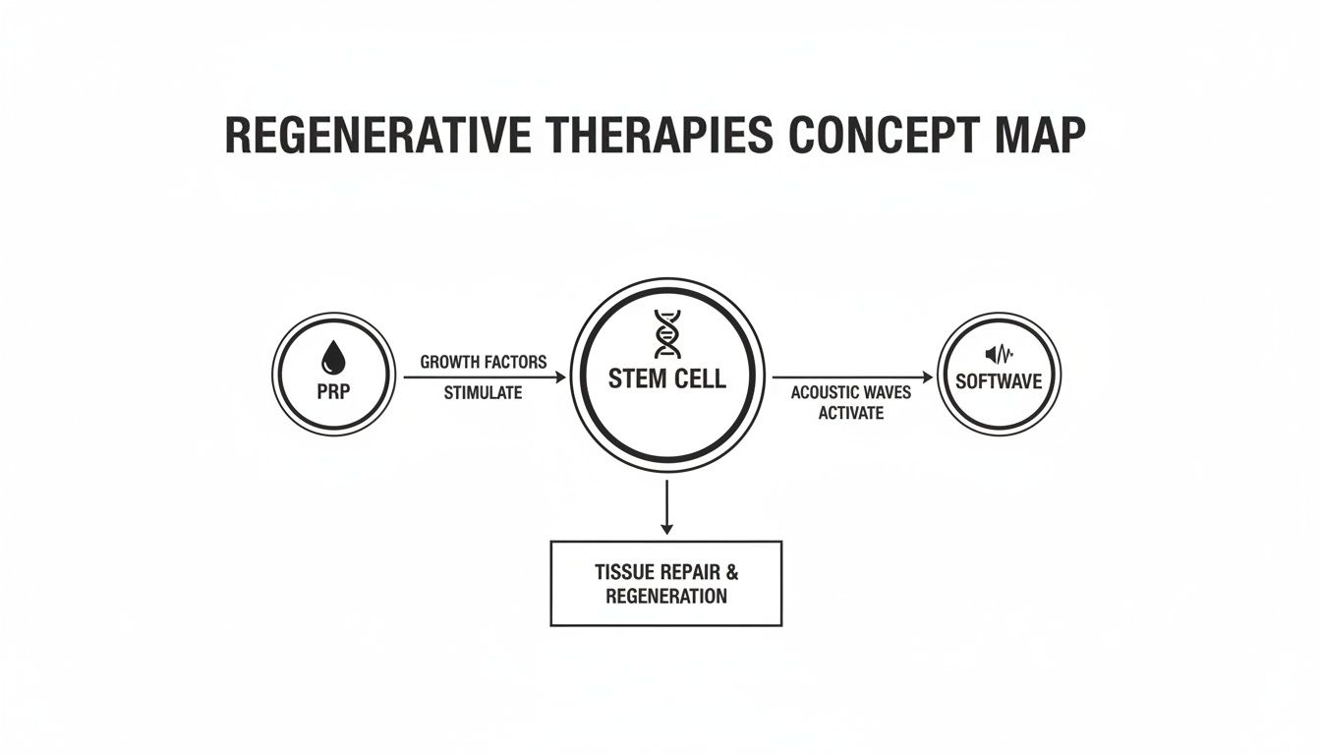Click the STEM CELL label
[x=667, y=378]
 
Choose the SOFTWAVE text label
[x=1000, y=381]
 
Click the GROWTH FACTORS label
[x=484, y=362]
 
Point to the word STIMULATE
[x=483, y=393]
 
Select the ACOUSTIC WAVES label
[x=851, y=393]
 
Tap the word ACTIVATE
[x=851, y=413]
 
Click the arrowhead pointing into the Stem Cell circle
[x=562, y=377]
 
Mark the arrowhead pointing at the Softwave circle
[x=927, y=377]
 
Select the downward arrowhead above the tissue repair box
[x=667, y=529]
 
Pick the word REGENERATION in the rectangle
[x=666, y=596]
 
